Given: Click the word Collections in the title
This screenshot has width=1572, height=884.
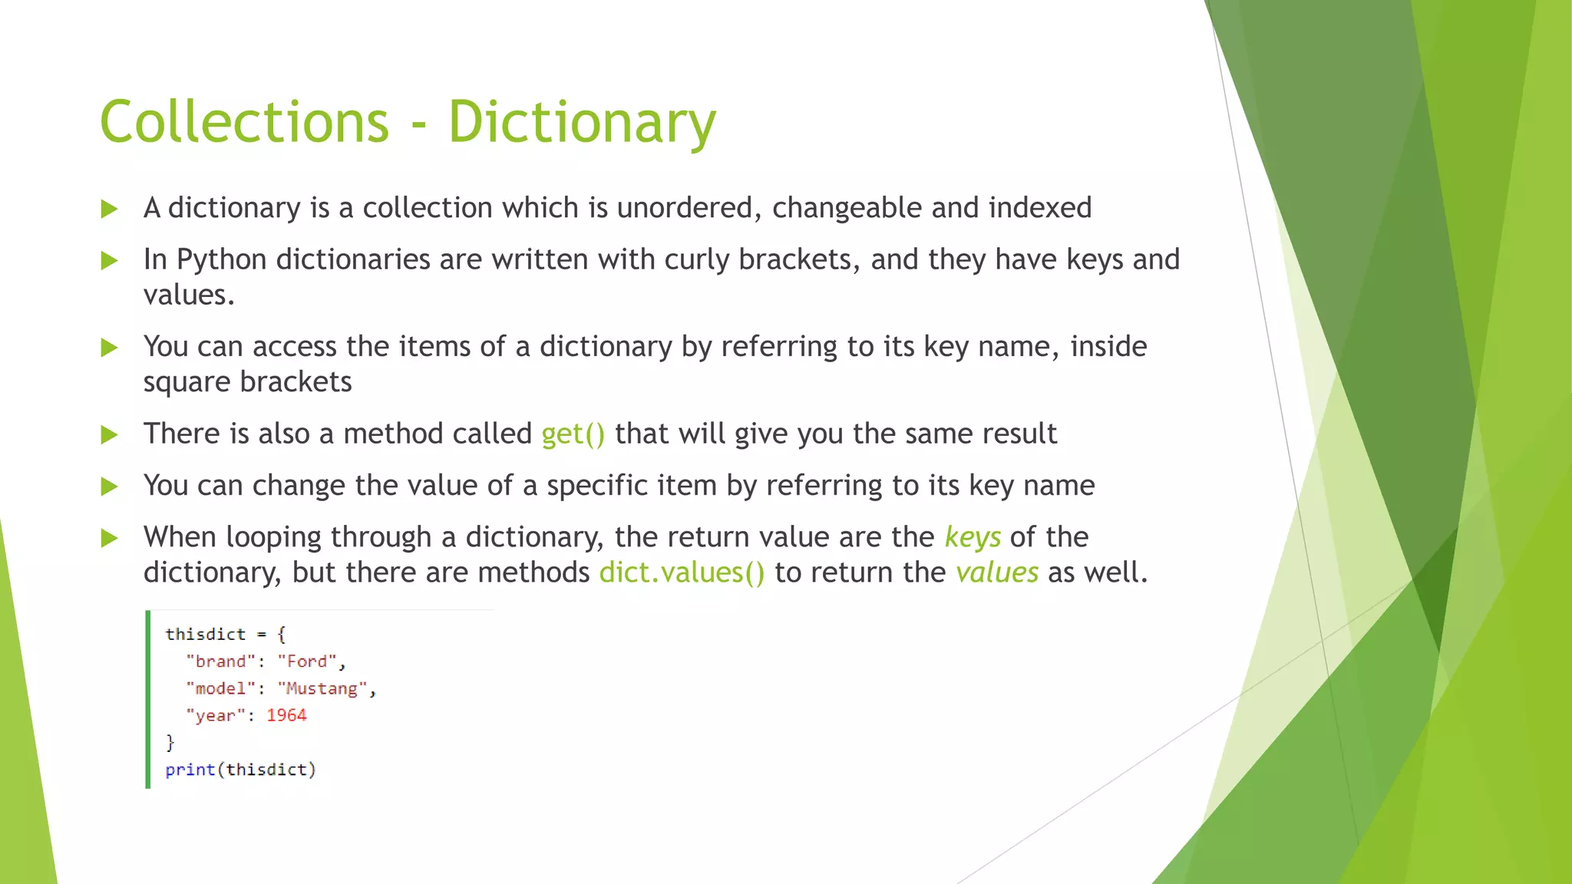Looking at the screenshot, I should [244, 123].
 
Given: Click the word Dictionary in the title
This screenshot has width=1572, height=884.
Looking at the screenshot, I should [582, 123].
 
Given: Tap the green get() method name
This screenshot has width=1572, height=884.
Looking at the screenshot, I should [573, 434].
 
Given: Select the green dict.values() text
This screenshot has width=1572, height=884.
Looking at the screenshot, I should [682, 573].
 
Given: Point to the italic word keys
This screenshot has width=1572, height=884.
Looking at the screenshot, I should [973, 538].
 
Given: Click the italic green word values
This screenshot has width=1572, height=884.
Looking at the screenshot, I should [996, 573].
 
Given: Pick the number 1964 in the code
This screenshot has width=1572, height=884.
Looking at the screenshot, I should [286, 715].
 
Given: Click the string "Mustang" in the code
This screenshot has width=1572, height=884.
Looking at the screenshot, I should [321, 688].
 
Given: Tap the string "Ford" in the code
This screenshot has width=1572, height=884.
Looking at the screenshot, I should [307, 661].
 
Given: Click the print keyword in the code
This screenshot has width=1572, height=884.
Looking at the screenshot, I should [190, 770].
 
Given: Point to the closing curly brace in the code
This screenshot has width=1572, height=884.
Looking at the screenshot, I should [170, 743].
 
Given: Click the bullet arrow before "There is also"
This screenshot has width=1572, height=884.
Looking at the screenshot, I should [110, 435].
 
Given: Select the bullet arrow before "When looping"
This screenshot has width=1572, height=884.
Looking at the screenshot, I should [110, 539].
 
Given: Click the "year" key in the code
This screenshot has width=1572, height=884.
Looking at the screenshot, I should [215, 715].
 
